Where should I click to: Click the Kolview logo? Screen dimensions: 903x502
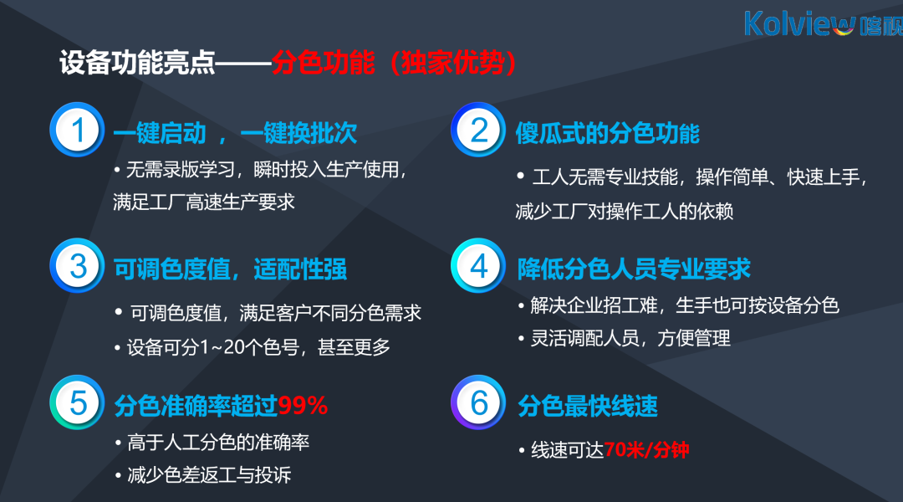[x=824, y=23]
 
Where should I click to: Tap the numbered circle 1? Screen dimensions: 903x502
[x=77, y=130]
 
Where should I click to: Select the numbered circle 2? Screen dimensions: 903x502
[x=478, y=130]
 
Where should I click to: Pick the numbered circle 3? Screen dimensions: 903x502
[x=77, y=266]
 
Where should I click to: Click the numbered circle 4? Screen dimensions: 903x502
[x=478, y=266]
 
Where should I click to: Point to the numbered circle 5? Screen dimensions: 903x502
[x=77, y=402]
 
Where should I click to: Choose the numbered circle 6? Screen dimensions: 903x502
[x=478, y=402]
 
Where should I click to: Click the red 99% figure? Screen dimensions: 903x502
[x=303, y=406]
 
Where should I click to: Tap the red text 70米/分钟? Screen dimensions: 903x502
[x=646, y=449]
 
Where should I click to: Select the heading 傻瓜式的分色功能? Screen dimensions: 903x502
[x=607, y=133]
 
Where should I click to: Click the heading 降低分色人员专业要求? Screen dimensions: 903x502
[x=634, y=269]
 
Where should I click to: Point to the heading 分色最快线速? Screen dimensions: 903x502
[x=588, y=406]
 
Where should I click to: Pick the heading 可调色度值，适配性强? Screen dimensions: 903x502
[x=230, y=269]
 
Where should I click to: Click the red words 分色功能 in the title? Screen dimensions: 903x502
[x=323, y=62]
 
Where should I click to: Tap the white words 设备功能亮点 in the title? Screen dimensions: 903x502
[x=137, y=62]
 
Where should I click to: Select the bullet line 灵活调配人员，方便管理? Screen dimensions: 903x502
[x=624, y=338]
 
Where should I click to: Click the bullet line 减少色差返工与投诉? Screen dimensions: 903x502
[x=202, y=475]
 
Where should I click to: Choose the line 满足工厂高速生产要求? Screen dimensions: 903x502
[x=204, y=202]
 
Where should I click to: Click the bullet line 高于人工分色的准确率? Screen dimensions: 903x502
[x=212, y=442]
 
